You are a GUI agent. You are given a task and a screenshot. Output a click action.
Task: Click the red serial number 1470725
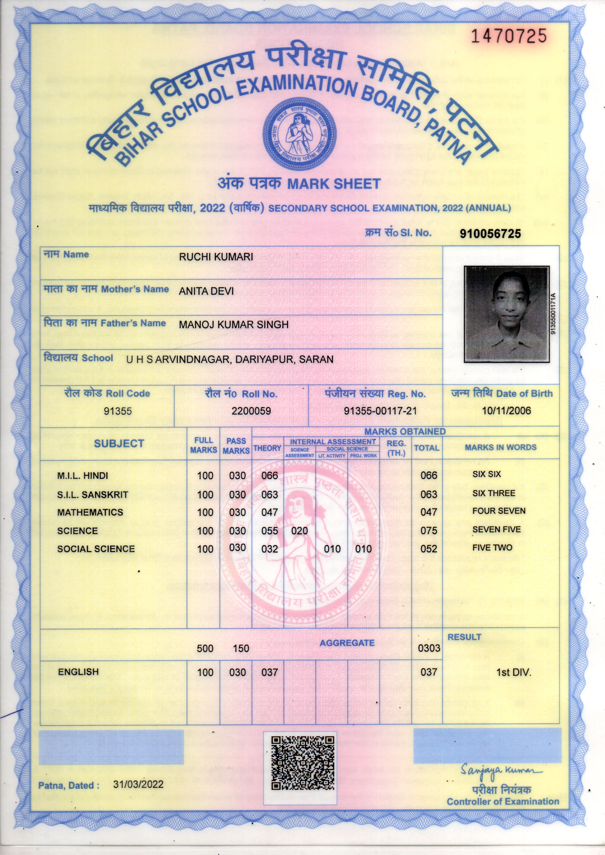coord(509,36)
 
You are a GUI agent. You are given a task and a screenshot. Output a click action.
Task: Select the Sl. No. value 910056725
coord(490,233)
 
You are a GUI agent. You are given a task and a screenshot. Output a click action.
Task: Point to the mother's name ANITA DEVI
coord(206,291)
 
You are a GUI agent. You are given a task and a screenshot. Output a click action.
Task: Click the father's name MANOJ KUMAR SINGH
coord(234,325)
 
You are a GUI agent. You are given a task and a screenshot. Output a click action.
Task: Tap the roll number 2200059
coord(251,411)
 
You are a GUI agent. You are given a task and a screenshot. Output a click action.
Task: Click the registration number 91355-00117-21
coord(380,411)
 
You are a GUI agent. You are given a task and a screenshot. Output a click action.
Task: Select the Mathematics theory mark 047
coord(269,512)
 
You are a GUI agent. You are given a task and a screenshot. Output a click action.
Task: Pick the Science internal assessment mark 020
coord(300,531)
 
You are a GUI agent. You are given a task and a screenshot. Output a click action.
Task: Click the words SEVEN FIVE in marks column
coord(496,529)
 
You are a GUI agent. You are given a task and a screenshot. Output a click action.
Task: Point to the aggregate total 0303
coord(429,648)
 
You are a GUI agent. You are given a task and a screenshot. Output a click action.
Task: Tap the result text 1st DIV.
coord(513,673)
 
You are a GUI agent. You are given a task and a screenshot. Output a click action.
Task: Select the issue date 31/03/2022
coord(138,784)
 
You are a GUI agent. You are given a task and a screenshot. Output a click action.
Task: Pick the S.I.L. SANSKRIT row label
coord(93,494)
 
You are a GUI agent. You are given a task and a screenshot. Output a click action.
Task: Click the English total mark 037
coord(428,672)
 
